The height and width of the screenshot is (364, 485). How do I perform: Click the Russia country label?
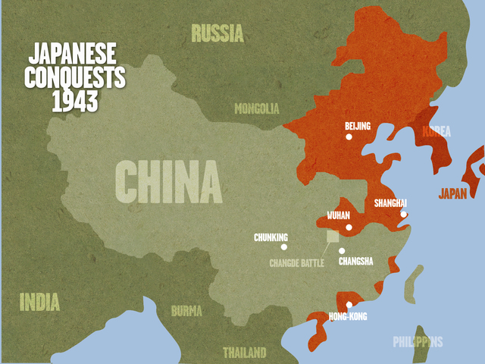tap(217, 33)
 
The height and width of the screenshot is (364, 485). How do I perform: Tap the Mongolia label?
tap(257, 108)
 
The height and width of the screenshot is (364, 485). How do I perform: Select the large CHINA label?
tap(168, 183)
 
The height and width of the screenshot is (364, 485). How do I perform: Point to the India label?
tap(39, 301)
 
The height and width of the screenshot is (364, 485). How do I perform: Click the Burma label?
tap(186, 311)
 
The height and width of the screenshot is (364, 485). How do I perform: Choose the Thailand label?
tap(244, 353)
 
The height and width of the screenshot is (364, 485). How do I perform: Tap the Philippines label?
tap(418, 342)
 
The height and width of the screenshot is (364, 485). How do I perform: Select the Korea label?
tap(436, 132)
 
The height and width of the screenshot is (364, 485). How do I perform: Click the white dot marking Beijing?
tap(349, 137)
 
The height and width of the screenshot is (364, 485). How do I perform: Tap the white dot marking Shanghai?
tap(404, 214)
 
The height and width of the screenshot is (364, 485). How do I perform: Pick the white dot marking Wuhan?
tap(349, 227)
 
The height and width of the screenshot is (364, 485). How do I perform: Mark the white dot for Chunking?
tap(284, 246)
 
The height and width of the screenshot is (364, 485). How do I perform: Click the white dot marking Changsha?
tap(342, 251)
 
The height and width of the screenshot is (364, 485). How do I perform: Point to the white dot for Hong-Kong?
tap(349, 305)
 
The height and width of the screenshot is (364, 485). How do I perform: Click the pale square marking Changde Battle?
tap(333, 237)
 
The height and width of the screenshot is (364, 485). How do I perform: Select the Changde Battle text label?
tap(297, 264)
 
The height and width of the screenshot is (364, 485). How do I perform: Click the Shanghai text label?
tap(390, 203)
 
